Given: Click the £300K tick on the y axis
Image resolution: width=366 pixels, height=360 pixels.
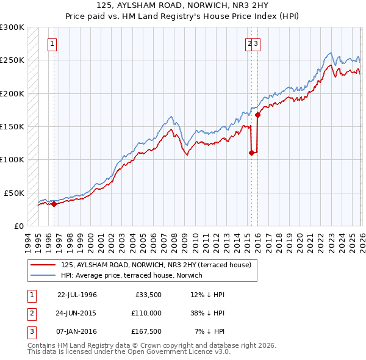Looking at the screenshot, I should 12,27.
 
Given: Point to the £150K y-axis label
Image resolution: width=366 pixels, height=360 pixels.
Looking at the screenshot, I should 12,127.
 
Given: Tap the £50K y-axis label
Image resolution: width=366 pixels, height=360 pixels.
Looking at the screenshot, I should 14,193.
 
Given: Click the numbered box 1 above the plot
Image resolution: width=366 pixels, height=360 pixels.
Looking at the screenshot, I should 53,43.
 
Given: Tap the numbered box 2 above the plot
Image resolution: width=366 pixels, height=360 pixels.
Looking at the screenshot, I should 250,43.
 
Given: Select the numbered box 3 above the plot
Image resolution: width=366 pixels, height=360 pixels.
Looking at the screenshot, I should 257,43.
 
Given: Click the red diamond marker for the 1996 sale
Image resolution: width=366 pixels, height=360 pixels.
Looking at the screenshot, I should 54,204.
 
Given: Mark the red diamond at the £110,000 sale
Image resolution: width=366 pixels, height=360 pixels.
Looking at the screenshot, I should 251,153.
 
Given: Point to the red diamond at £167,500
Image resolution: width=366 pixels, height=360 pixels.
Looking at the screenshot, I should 257,115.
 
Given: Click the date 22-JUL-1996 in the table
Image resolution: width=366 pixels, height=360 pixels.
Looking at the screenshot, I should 77,294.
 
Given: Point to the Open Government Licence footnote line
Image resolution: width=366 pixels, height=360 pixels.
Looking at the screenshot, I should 129,352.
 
